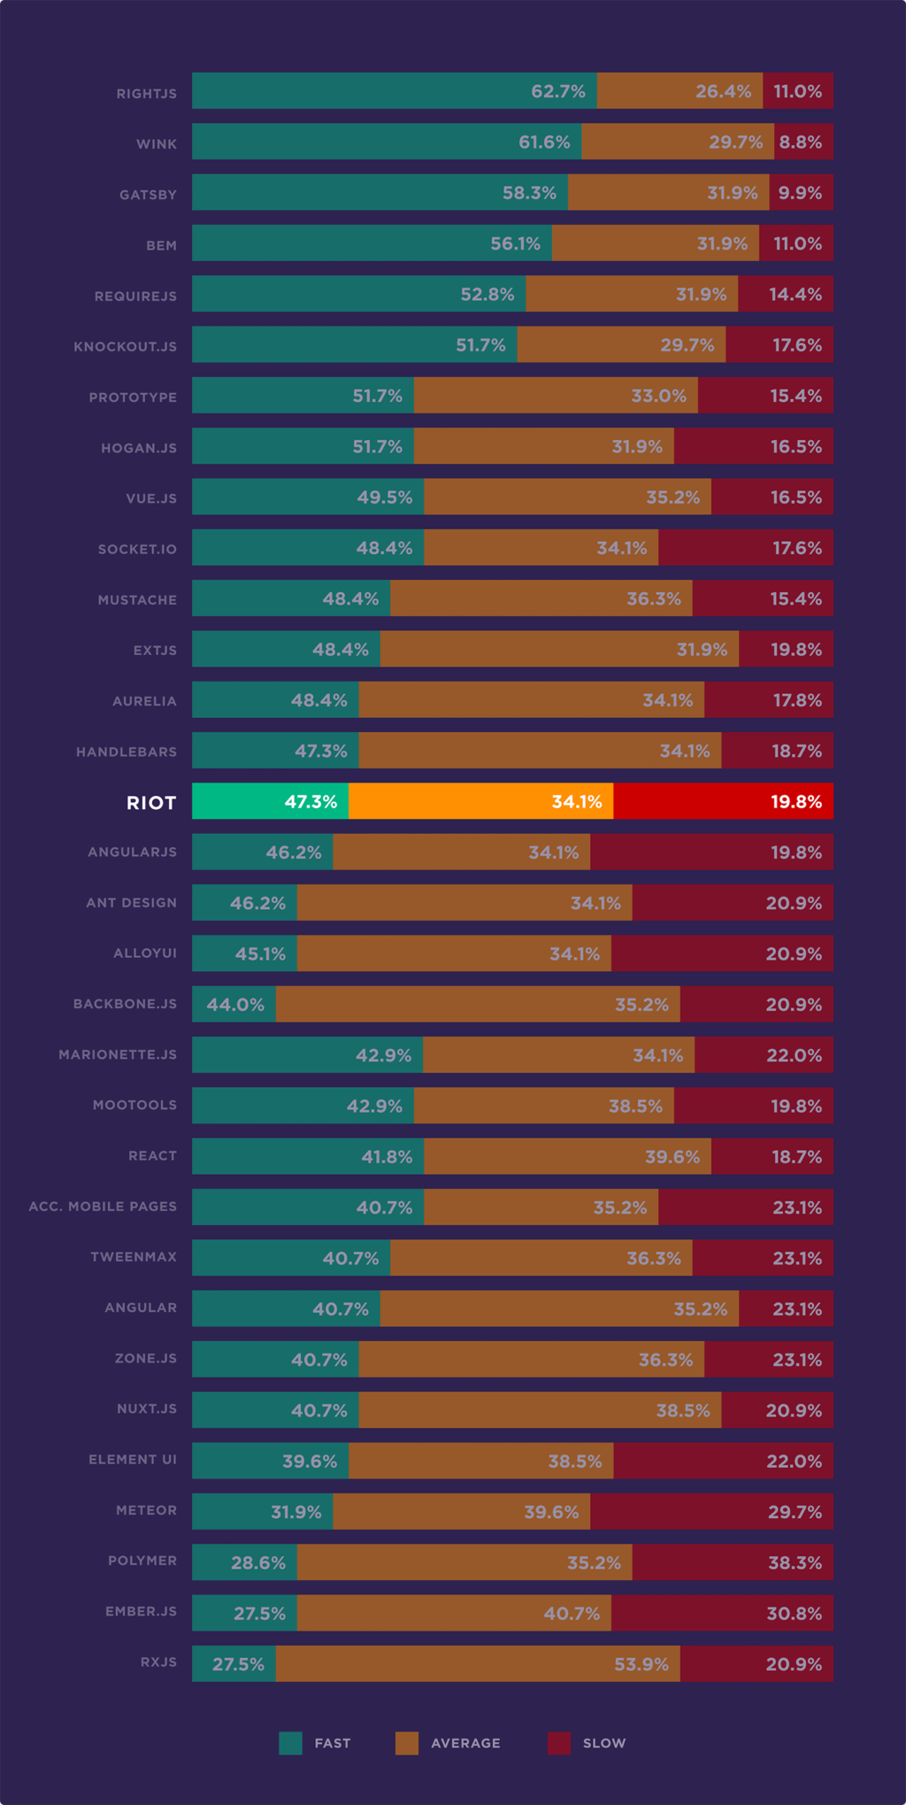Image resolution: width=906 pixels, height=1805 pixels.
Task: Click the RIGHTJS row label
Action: [x=147, y=94]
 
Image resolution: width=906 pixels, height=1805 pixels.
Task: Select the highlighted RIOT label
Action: [x=151, y=803]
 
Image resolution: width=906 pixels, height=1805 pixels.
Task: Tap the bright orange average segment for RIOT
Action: [x=480, y=801]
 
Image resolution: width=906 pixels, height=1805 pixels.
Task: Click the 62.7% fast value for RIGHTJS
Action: [x=557, y=91]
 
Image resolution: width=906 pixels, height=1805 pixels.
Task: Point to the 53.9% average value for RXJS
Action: [x=641, y=1664]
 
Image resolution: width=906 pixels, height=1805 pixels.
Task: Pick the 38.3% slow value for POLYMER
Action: [x=795, y=1562]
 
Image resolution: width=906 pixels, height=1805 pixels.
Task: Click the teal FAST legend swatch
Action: [x=290, y=1743]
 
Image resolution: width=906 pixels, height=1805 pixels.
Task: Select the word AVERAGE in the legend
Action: [x=465, y=1743]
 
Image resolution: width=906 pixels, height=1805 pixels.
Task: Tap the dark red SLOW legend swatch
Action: [x=559, y=1743]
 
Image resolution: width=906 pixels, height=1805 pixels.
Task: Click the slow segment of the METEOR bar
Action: [x=711, y=1511]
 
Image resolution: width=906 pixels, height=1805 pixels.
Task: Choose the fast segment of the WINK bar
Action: [x=387, y=142]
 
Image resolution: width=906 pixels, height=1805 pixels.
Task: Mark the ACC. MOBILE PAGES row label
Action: [x=103, y=1207]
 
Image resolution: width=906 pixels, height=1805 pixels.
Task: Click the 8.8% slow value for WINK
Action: [x=800, y=142]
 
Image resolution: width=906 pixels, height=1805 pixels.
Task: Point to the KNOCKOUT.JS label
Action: [x=125, y=346]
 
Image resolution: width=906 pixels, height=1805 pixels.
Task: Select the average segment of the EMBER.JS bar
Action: [x=454, y=1613]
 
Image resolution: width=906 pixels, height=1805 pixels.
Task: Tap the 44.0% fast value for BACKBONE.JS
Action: [x=235, y=1005]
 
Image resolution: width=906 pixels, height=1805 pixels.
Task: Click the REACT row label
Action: [x=152, y=1156]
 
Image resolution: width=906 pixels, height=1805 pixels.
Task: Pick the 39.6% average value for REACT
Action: [x=672, y=1157]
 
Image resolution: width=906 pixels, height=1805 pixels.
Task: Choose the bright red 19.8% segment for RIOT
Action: [x=723, y=801]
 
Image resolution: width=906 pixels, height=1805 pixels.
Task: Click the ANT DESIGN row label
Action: [x=131, y=903]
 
